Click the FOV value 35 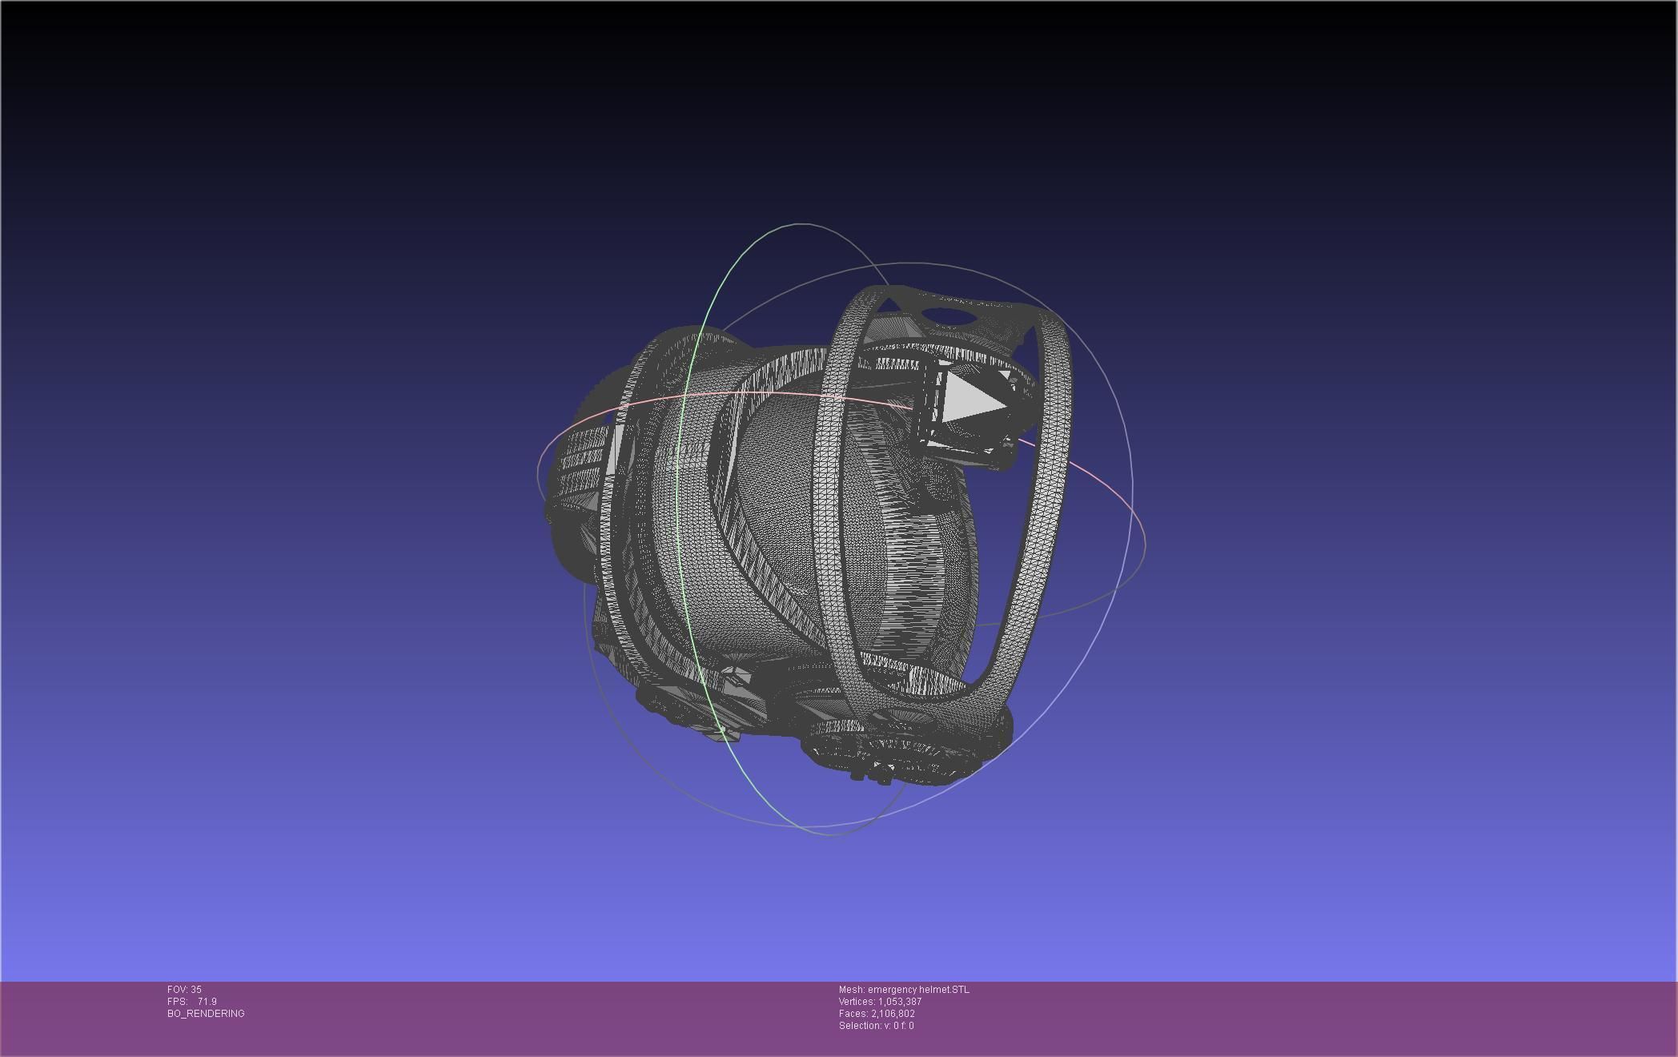pyautogui.click(x=196, y=990)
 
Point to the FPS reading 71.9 pyautogui.click(x=207, y=1002)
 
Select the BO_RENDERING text pyautogui.click(x=206, y=1014)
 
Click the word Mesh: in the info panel pyautogui.click(x=851, y=990)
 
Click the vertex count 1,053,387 pyautogui.click(x=900, y=1002)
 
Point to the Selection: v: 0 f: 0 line pyautogui.click(x=876, y=1026)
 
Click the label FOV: pyautogui.click(x=178, y=990)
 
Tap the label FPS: pyautogui.click(x=177, y=1002)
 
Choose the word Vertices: pyautogui.click(x=857, y=1002)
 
